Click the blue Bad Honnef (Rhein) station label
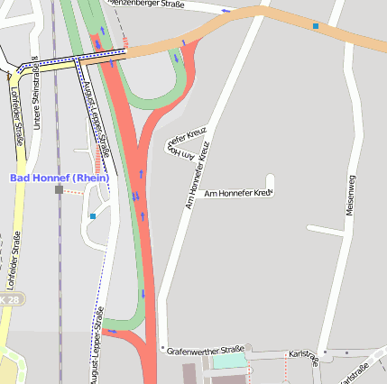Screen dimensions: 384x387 pos(60,178)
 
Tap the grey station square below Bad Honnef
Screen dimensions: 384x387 pos(59,189)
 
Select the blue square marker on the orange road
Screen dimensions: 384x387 pos(315,26)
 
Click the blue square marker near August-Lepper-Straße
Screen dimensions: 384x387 pos(92,216)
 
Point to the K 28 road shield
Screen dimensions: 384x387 pos(8,298)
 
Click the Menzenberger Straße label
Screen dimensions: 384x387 pos(146,4)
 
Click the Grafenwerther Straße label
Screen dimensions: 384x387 pos(206,349)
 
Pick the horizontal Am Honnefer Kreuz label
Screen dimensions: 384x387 pos(238,193)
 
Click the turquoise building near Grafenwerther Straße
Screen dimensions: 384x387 pos(229,361)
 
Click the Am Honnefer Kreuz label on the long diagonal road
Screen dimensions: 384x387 pos(198,176)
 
